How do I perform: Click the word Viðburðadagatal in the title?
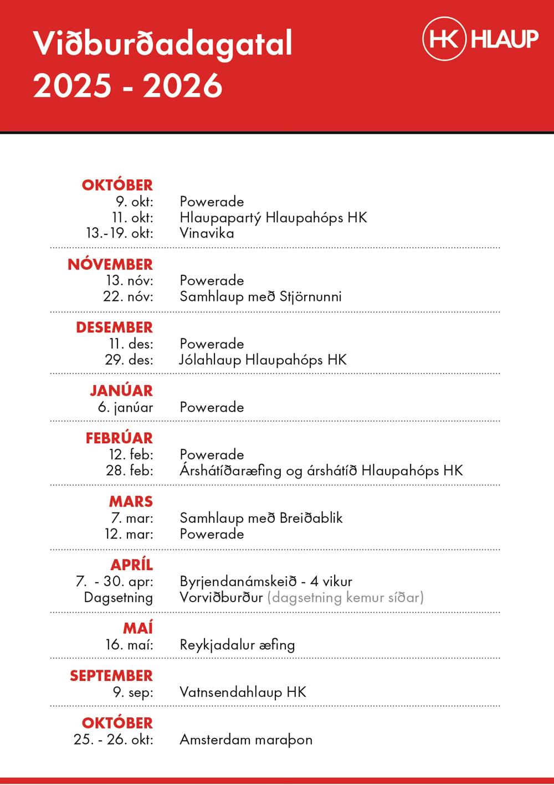coord(162,44)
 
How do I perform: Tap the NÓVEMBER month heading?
coord(110,265)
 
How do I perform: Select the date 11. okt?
coord(133,218)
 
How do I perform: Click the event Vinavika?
coord(207,233)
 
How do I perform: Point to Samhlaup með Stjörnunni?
coord(260,296)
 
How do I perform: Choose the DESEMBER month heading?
coord(114,327)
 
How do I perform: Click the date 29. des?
coord(129,360)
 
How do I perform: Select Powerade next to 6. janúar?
coord(212,407)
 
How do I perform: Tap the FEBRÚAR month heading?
coord(119,438)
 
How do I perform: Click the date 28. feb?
coord(130,471)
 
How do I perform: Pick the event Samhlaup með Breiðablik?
coord(261,518)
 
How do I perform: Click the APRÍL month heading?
coord(131,565)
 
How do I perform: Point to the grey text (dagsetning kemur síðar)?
coord(345,597)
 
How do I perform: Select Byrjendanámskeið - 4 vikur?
coord(266,582)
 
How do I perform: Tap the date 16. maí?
coord(130,645)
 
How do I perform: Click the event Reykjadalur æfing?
coord(237,645)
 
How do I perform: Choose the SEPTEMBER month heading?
coord(111,676)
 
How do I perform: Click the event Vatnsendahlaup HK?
coord(243,692)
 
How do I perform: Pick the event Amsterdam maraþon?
coord(246,740)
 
